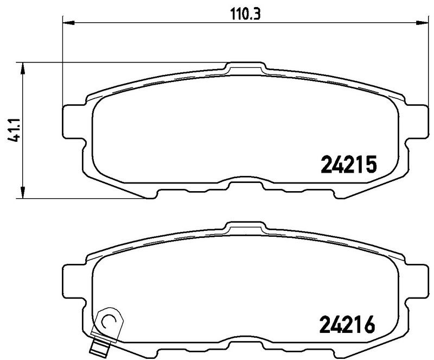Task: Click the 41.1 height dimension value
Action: tap(14, 130)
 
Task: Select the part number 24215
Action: tap(348, 165)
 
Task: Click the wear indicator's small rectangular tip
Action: tap(100, 348)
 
